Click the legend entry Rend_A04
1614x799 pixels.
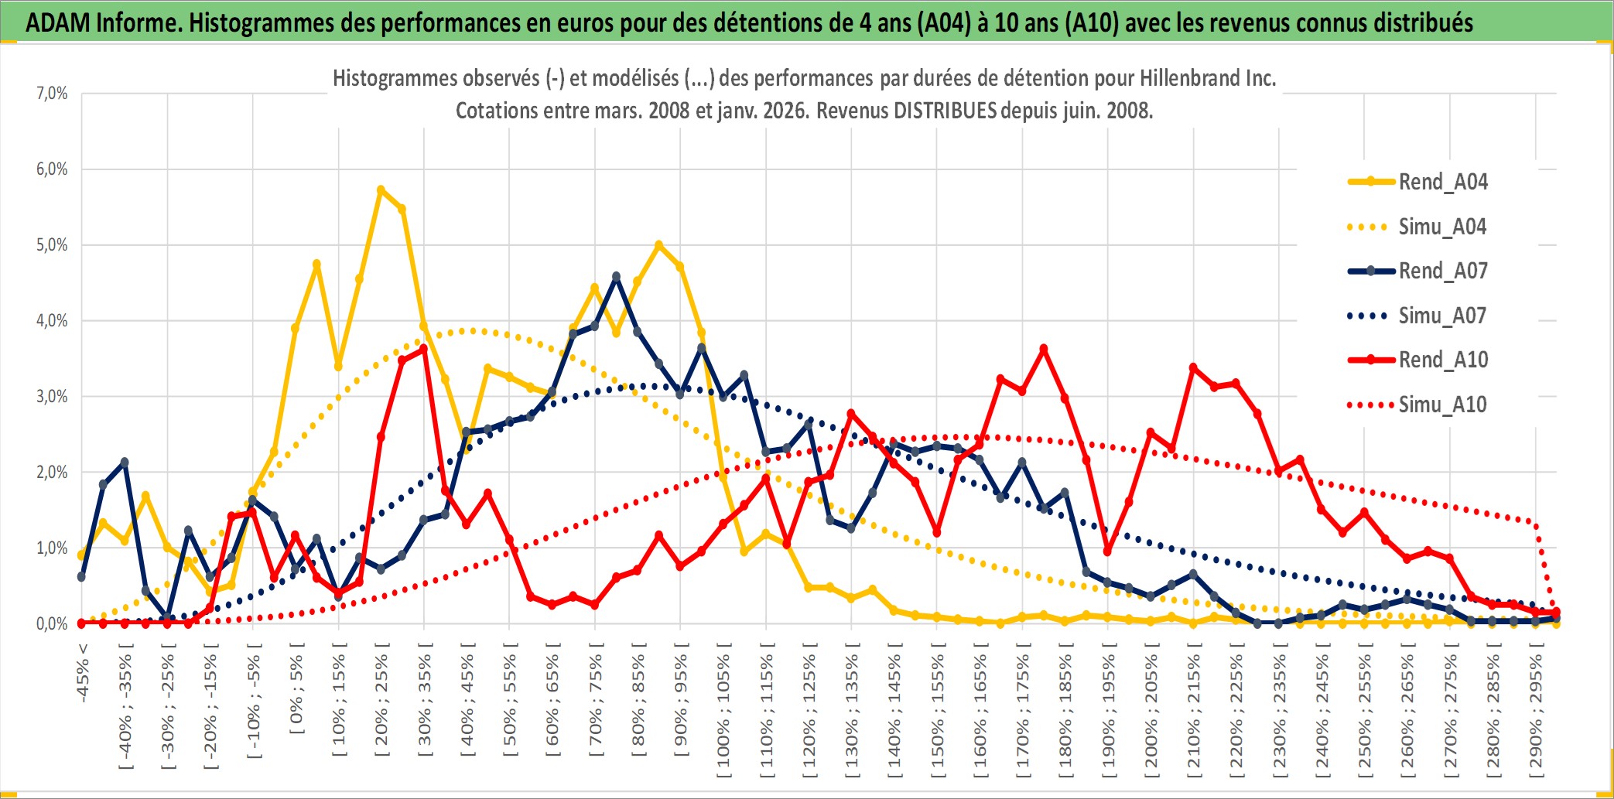pos(1442,182)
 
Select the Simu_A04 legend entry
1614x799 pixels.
pos(1442,227)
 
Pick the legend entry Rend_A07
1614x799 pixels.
pos(1442,271)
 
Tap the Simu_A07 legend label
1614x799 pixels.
pos(1442,316)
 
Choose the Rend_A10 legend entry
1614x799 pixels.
pos(1442,360)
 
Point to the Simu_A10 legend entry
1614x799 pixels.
pos(1442,405)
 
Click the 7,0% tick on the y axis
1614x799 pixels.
pos(52,94)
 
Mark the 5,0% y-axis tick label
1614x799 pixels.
pos(52,245)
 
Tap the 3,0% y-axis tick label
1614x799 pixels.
pos(52,397)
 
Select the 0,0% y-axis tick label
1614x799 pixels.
pos(52,623)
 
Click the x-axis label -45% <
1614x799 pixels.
pos(83,673)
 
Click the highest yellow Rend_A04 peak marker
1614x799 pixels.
pos(381,190)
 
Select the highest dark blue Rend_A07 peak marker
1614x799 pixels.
pos(616,276)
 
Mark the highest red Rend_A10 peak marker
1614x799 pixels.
pos(1044,349)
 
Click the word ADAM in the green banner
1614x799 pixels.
pos(58,22)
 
